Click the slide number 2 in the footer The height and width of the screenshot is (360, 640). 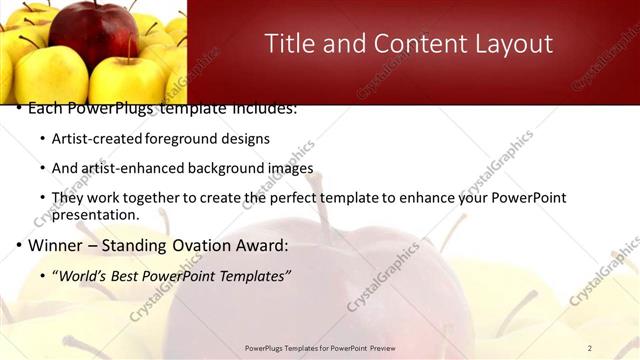tap(590, 348)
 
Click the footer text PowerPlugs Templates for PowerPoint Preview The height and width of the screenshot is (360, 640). tap(320, 348)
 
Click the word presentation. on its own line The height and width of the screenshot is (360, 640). tap(95, 214)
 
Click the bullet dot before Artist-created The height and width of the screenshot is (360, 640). tap(41, 139)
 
